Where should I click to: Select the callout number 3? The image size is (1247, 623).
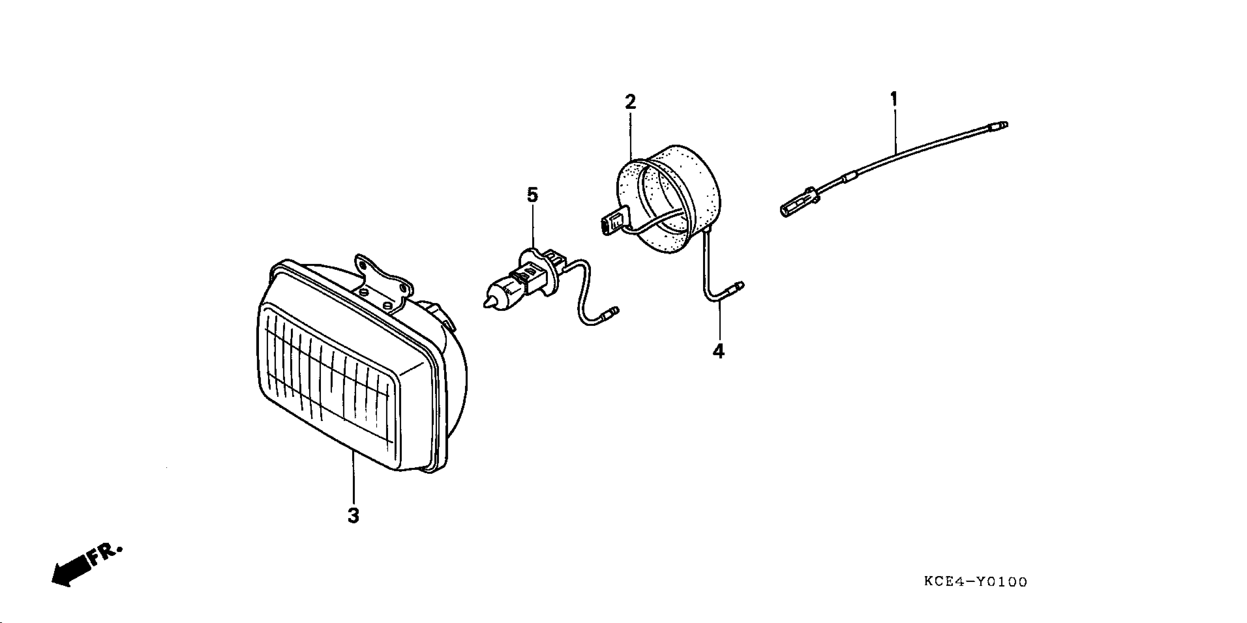(354, 516)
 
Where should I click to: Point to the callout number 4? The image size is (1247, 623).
(718, 351)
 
